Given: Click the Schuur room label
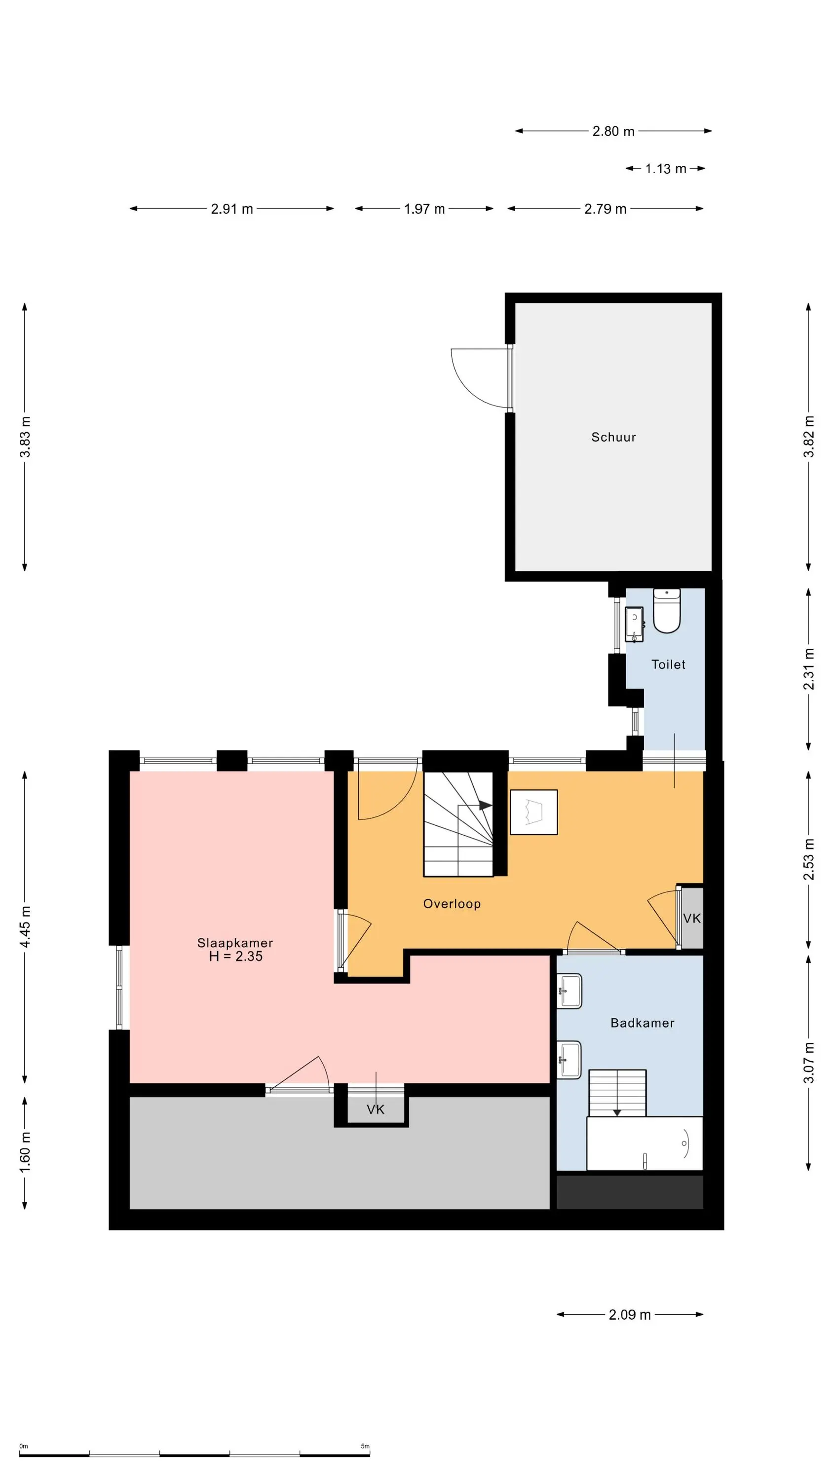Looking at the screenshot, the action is (613, 437).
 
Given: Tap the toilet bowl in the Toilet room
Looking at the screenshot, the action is (667, 611).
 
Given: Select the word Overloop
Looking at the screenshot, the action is (452, 904).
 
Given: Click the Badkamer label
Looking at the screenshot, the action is (642, 1023).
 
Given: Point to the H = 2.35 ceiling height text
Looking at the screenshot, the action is (236, 956).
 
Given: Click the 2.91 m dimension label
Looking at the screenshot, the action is (231, 209).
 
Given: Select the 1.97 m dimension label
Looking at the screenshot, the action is (424, 209).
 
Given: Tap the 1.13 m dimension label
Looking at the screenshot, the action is (666, 169).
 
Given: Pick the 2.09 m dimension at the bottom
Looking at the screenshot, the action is (630, 1315).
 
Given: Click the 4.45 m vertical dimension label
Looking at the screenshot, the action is (25, 927).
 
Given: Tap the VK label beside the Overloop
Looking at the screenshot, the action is (691, 918).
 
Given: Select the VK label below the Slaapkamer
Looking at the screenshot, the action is (376, 1110).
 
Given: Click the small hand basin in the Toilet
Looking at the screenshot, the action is (634, 624).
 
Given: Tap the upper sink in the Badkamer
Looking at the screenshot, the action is (569, 991).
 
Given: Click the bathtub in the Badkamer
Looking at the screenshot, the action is (644, 1144).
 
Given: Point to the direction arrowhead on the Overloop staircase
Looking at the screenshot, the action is (486, 806).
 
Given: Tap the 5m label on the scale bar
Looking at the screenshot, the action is (365, 1446).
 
